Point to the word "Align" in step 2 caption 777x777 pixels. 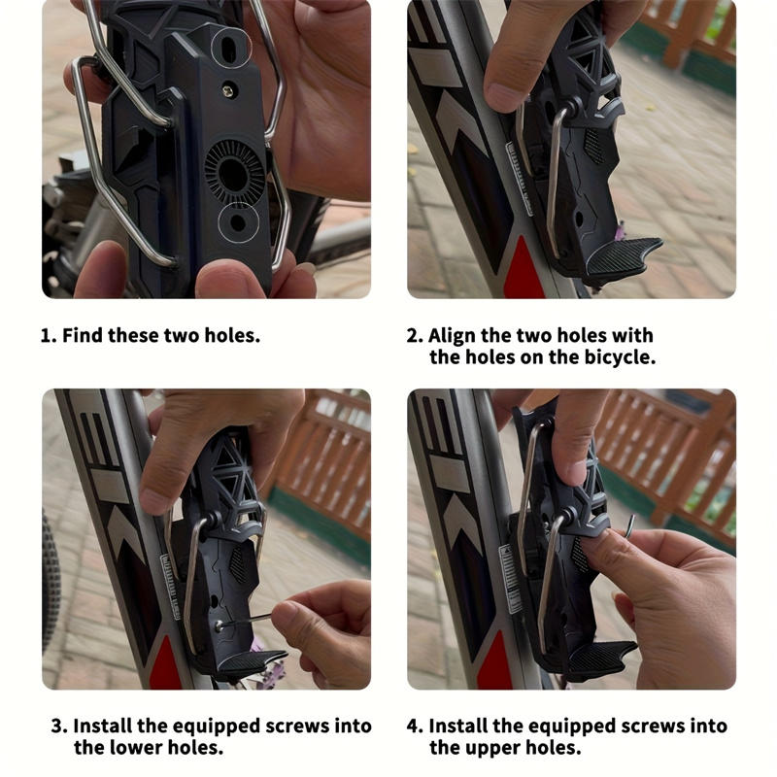pos(453,336)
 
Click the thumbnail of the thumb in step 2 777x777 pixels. pos(504,93)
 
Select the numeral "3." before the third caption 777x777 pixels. pos(59,726)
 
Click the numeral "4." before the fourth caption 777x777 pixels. pos(415,726)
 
